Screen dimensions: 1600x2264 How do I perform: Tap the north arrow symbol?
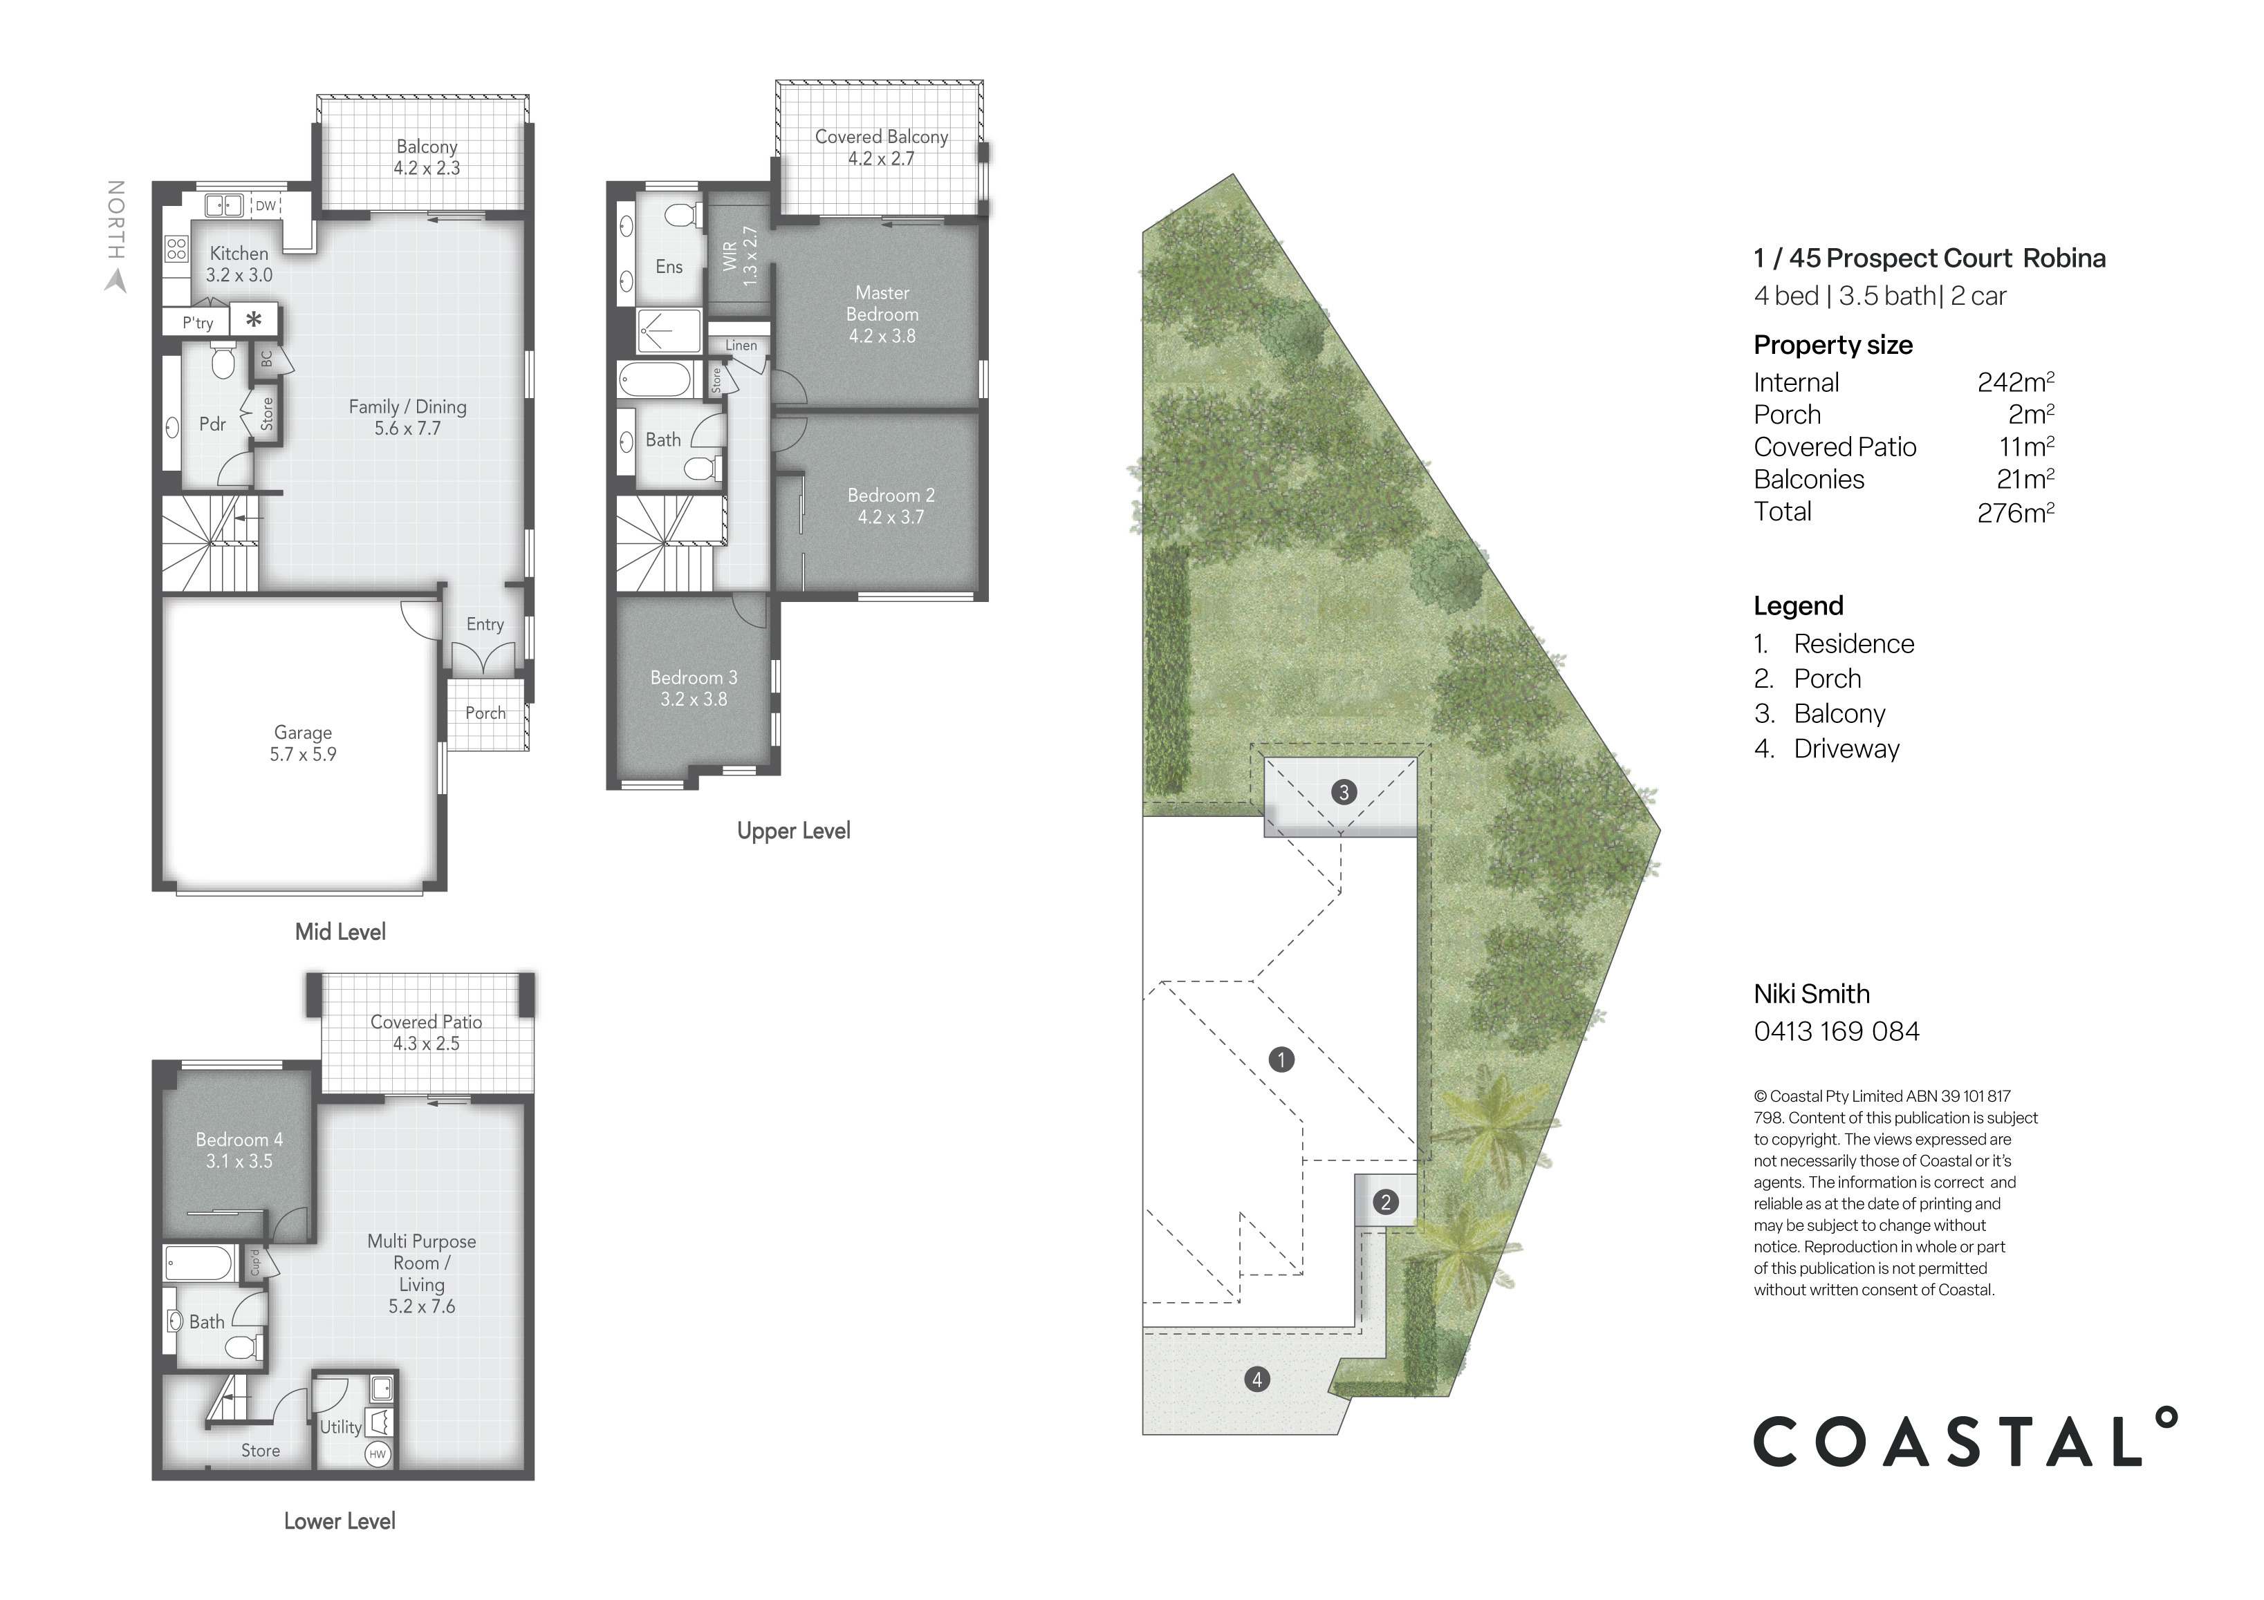point(116,281)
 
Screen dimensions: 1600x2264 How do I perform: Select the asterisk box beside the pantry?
point(253,319)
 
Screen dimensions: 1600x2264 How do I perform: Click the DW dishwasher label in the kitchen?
point(266,206)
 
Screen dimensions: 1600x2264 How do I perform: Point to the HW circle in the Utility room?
point(378,1454)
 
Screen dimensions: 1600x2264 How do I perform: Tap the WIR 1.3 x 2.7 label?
point(739,257)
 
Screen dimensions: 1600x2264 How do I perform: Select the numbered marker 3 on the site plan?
point(1343,791)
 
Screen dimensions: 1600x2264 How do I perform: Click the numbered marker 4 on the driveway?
point(1256,1379)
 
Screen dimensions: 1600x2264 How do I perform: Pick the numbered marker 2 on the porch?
point(1385,1202)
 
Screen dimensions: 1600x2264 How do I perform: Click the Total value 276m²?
point(2014,513)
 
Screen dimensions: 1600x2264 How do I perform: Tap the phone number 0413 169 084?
point(1836,1031)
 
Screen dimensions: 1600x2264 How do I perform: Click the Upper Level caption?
point(792,831)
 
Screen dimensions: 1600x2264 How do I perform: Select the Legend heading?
point(1798,605)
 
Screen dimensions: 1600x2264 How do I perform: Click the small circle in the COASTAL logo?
point(2165,1419)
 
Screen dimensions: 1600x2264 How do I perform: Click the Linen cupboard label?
point(741,345)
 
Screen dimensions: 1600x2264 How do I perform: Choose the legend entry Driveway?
point(1846,749)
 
